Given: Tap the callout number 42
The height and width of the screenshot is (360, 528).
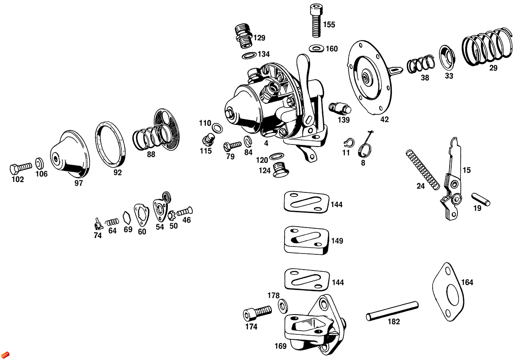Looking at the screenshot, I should click(384, 120).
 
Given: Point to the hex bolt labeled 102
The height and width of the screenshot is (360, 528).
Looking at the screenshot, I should click(20, 168).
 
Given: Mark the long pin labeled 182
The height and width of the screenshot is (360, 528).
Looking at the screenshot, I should click(392, 310).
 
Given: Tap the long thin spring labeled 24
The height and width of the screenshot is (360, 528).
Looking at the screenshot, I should click(421, 169).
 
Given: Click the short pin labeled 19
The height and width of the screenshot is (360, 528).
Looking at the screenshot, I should click(481, 198).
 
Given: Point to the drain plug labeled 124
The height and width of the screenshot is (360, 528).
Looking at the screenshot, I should click(280, 169).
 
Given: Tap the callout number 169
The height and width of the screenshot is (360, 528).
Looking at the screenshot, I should click(280, 346).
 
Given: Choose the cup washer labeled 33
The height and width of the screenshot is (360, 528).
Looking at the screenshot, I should click(447, 57).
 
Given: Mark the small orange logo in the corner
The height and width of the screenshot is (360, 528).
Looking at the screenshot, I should click(5, 355).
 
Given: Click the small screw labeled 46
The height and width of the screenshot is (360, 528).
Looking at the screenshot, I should click(184, 212).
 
